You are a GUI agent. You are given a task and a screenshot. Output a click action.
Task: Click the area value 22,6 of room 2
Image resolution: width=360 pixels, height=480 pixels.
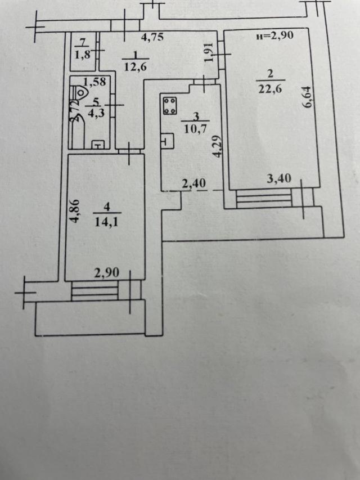click(271, 89)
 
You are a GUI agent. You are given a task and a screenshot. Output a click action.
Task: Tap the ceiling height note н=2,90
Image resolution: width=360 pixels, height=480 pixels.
click(274, 35)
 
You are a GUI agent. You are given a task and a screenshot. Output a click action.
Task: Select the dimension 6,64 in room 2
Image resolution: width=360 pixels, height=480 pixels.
click(307, 97)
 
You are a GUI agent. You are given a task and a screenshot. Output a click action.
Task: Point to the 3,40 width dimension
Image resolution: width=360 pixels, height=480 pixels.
click(279, 178)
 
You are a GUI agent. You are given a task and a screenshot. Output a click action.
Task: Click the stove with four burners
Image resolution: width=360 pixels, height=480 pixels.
click(169, 106)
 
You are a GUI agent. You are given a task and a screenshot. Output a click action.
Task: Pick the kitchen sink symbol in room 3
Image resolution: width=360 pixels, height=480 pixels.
click(167, 141)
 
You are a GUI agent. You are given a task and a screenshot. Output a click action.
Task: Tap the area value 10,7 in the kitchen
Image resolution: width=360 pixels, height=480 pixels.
click(195, 128)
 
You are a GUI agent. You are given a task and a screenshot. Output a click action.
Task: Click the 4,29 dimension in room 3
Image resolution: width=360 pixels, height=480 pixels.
click(218, 146)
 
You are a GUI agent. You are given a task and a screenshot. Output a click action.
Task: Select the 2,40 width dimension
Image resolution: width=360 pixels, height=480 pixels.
click(194, 183)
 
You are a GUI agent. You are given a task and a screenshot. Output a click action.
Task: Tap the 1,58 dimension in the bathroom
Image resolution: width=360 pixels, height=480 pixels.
click(94, 82)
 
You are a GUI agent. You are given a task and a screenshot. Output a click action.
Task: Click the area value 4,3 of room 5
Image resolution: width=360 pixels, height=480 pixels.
click(96, 113)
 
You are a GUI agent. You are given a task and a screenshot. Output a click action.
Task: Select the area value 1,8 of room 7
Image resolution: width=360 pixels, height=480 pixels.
click(83, 55)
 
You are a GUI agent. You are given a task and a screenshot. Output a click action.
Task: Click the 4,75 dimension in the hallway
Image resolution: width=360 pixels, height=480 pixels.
click(152, 37)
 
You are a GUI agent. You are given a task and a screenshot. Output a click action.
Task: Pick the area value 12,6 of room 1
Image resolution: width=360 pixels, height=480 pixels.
click(136, 67)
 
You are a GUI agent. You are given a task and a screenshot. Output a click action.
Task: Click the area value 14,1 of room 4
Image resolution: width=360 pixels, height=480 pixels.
click(106, 222)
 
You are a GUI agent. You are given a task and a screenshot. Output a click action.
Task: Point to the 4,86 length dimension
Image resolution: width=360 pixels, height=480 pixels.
click(75, 211)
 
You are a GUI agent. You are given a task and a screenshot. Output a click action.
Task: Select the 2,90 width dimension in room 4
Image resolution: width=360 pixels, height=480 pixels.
click(106, 273)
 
